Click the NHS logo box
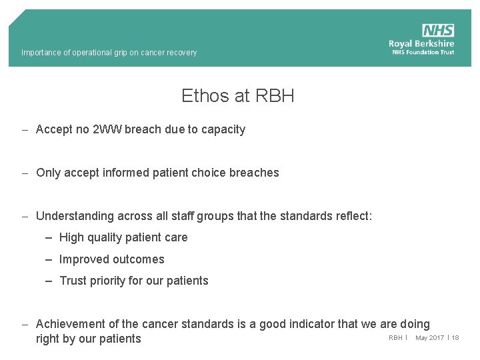point(438,31)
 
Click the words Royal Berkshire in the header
point(421,44)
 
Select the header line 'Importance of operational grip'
point(109,53)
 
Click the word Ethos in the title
point(205,96)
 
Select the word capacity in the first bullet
point(222,129)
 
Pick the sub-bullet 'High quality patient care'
point(123,237)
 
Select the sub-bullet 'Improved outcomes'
point(111,259)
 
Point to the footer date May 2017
point(429,338)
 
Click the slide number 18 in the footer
point(455,338)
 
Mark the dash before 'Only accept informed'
point(24,173)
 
